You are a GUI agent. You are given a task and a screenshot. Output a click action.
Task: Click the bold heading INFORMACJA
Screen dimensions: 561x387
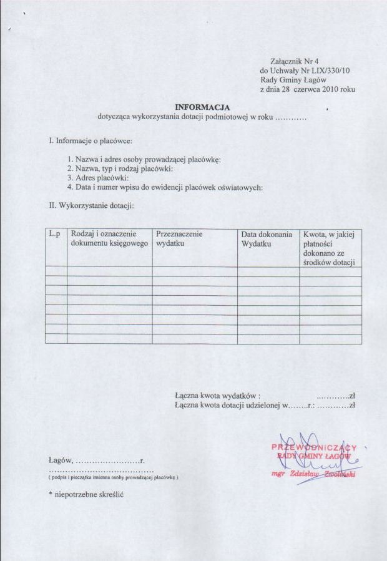202,107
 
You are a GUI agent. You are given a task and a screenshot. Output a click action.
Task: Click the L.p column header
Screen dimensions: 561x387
54,234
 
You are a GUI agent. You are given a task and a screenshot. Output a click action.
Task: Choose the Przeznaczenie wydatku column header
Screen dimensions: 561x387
180,238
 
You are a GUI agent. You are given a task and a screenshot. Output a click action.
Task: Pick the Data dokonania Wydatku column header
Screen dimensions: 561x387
267,239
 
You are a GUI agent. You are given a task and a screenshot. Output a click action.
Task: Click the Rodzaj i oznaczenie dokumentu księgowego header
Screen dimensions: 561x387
109,238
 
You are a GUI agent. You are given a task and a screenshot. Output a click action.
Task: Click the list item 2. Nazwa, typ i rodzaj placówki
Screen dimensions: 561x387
120,168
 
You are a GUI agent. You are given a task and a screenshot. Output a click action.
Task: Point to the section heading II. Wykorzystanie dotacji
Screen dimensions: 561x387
91,205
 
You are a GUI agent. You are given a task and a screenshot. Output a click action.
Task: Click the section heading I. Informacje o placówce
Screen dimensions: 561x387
90,141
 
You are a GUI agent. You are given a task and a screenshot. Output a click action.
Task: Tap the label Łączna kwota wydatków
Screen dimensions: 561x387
217,395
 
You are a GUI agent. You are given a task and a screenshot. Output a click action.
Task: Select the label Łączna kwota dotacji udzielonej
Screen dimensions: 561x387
228,405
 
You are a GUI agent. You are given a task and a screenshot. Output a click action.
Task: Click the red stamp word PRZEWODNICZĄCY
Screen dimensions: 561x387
314,447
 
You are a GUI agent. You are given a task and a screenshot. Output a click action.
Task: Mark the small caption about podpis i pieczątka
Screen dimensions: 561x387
113,477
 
